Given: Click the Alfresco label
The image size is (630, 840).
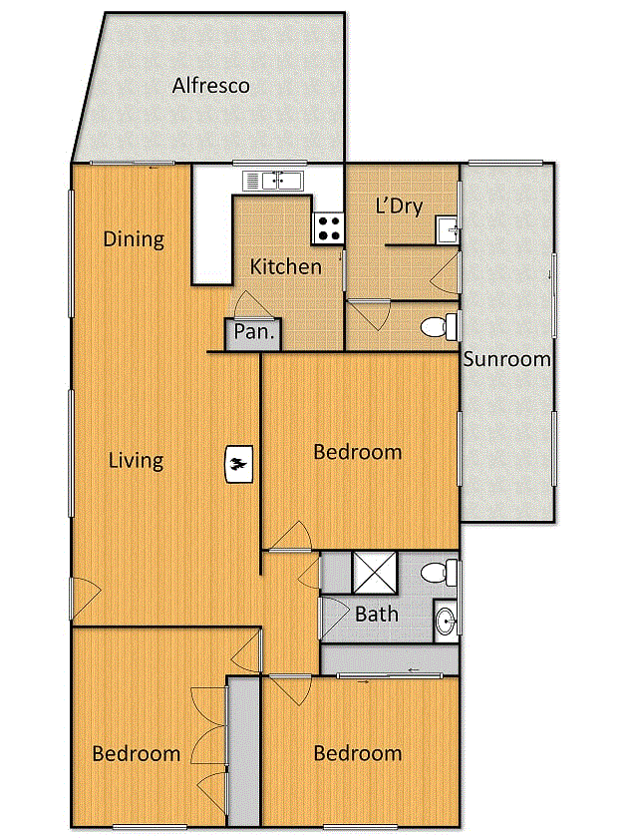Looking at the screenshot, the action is click(211, 86).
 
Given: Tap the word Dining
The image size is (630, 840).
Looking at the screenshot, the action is click(134, 238).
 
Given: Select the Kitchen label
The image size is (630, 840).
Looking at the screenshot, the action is click(286, 266).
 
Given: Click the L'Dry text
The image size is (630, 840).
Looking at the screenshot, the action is click(400, 207).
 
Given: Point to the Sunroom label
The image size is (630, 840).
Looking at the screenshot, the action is click(506, 359).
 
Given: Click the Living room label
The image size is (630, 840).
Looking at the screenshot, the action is click(136, 461).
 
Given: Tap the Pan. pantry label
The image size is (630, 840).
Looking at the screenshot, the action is click(254, 332).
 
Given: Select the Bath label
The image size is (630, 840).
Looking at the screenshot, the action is click(377, 614).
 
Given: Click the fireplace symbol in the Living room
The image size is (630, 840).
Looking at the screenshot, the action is click(239, 464).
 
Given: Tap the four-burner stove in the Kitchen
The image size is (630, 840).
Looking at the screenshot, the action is click(328, 228).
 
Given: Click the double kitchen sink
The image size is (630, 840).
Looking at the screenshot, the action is click(273, 181).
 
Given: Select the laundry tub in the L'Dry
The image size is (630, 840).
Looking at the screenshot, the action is click(447, 230).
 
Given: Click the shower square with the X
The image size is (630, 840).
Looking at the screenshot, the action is click(375, 573).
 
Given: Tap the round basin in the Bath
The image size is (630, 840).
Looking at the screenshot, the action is click(446, 622).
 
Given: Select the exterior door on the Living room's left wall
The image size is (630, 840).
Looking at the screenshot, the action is click(85, 598).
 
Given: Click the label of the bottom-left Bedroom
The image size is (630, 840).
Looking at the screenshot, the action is click(137, 754).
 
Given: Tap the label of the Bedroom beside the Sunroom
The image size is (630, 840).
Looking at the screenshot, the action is click(358, 452).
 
